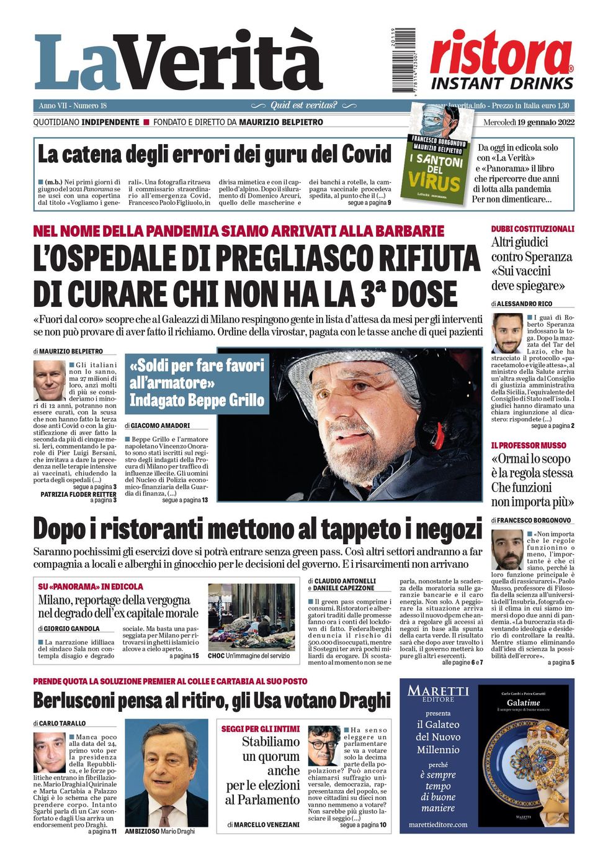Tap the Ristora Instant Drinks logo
501,61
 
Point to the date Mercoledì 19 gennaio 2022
529,122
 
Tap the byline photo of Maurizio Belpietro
49,380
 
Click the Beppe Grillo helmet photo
376,424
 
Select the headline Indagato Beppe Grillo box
197,383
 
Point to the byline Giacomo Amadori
159,425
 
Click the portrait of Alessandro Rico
507,333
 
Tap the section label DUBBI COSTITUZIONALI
532,229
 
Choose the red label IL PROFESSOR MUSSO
529,445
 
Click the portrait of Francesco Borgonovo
507,549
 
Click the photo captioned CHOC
251,616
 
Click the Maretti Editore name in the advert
438,693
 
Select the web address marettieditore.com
438,824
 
